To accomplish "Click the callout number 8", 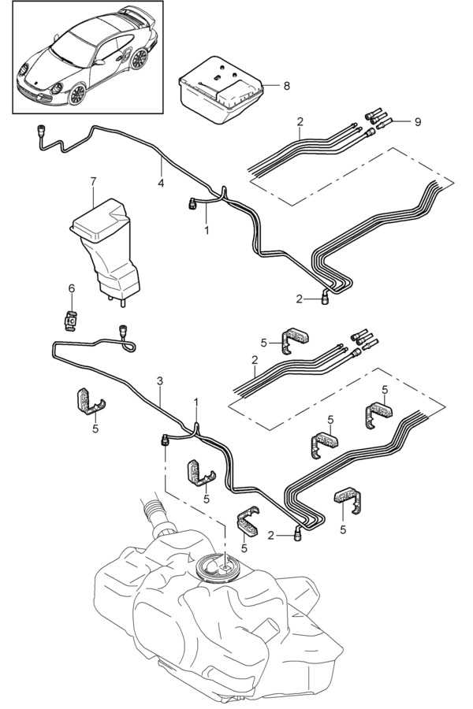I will [287, 84].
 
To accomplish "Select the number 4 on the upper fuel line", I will [160, 183].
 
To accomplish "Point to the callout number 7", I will [93, 182].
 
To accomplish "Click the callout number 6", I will [70, 289].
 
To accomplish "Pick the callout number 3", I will [160, 380].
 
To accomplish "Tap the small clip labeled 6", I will [71, 321].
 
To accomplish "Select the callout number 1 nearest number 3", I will [197, 402].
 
